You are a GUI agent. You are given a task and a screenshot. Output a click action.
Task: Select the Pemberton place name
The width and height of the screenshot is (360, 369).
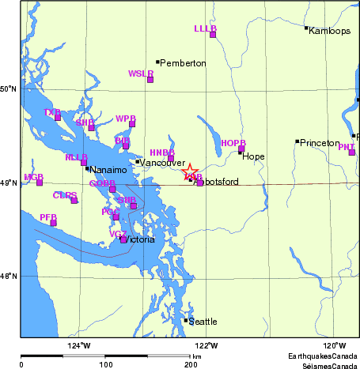[184, 62]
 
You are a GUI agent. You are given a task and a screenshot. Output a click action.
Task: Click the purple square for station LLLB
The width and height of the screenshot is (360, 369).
[213, 34]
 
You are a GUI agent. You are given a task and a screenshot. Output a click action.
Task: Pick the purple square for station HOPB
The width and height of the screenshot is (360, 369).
[241, 149]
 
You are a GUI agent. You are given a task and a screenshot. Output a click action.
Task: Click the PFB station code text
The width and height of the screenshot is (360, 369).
[47, 216]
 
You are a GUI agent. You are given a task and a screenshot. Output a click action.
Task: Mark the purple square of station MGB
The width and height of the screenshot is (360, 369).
[40, 183]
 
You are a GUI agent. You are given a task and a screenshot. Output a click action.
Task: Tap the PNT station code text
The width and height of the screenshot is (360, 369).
[346, 146]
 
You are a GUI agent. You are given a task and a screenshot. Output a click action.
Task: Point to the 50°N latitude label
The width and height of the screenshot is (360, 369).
[9, 88]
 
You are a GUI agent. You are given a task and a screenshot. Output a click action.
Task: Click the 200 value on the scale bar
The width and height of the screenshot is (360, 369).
[191, 364]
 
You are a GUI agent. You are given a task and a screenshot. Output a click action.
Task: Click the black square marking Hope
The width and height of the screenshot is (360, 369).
[240, 152]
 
